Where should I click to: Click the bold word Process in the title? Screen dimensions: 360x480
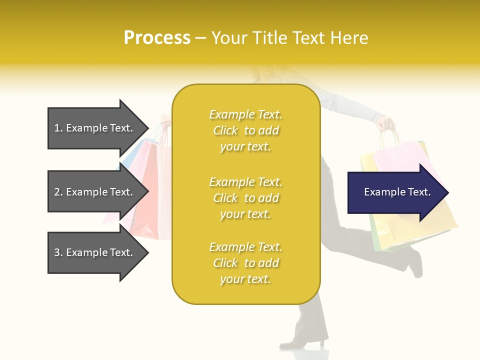pos(157,37)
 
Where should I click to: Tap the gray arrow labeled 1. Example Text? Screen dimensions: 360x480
pos(95,128)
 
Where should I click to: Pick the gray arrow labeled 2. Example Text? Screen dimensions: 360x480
pos(95,192)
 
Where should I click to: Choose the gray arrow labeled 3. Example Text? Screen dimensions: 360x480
pos(95,252)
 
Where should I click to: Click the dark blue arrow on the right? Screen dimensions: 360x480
pos(395,192)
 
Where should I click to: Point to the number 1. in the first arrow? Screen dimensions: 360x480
pos(58,128)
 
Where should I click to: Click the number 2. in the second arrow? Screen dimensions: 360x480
pos(58,192)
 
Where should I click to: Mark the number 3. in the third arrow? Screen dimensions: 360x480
pos(58,252)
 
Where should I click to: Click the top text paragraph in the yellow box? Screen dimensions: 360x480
pos(245,130)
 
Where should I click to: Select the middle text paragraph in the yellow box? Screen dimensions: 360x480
pos(245,198)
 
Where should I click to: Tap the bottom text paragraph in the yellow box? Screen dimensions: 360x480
pos(245,263)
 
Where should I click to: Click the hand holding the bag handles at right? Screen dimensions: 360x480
pos(386,123)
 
